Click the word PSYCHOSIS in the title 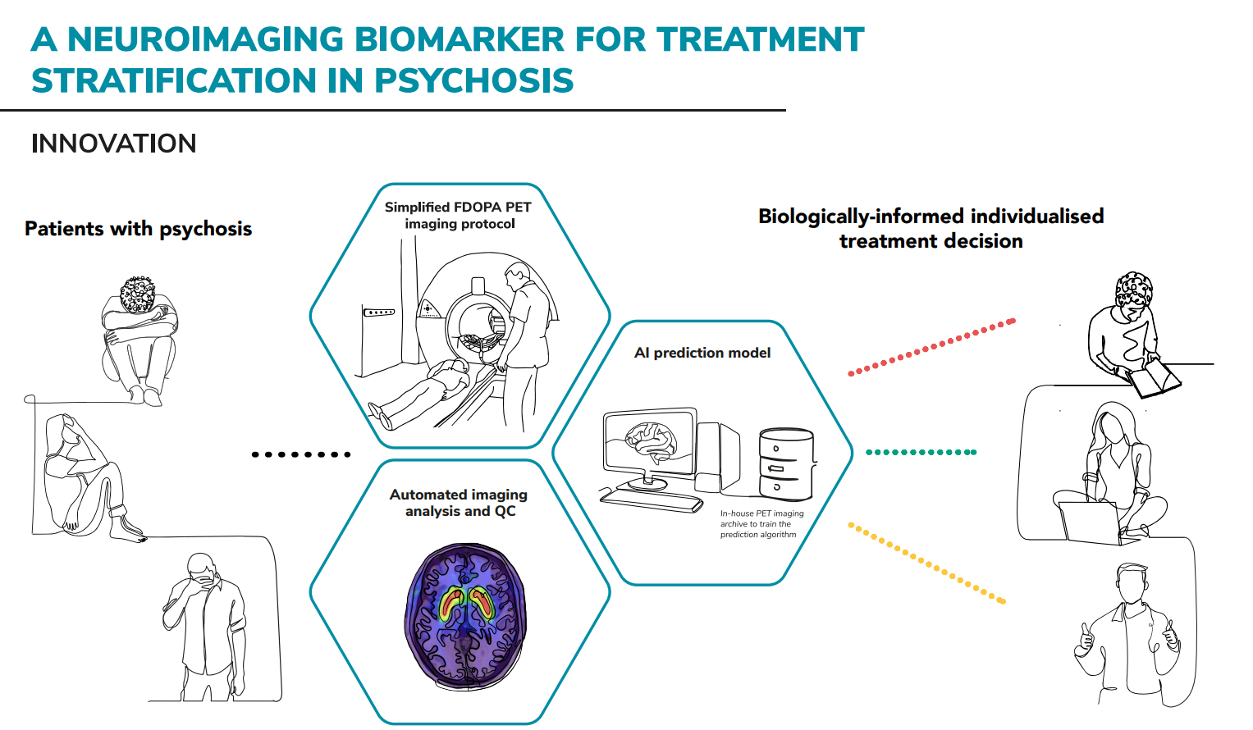473,80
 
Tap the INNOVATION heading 114,144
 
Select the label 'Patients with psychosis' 138,229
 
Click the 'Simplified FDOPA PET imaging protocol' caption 459,216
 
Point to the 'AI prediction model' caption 702,353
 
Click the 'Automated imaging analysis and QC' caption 460,503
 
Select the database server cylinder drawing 786,463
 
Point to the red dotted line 931,347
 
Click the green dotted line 921,452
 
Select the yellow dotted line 926,563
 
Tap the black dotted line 301,454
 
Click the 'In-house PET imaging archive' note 761,524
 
